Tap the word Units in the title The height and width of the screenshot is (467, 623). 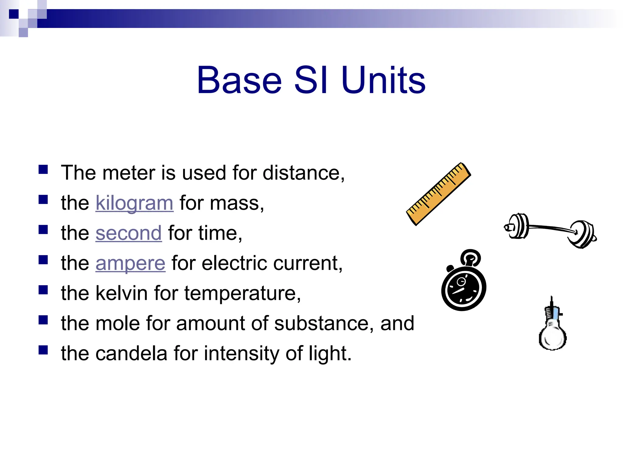click(x=383, y=80)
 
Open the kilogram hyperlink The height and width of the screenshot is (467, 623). click(x=134, y=203)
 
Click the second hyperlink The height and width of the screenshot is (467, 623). click(x=128, y=233)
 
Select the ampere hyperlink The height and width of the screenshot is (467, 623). click(x=131, y=263)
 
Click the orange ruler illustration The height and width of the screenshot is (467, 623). click(x=438, y=194)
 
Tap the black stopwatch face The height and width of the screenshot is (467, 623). click(x=463, y=288)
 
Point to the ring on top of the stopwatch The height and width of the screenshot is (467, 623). click(x=471, y=257)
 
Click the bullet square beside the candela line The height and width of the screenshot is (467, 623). click(x=43, y=350)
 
